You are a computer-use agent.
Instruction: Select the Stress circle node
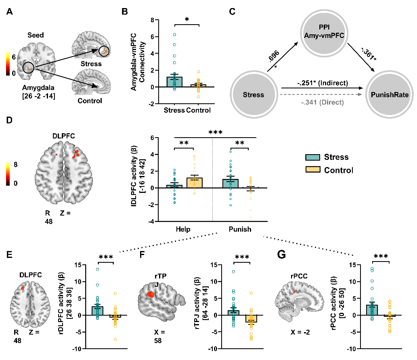click(x=254, y=95)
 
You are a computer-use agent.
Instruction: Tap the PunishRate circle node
click(x=390, y=95)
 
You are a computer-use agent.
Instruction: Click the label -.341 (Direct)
click(x=323, y=103)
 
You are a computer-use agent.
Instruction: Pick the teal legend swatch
click(x=313, y=157)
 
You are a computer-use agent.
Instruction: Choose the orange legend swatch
click(x=313, y=169)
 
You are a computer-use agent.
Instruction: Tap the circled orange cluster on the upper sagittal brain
click(x=104, y=51)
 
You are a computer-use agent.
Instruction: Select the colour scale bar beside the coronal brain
click(x=8, y=63)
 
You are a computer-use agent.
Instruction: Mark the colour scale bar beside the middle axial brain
click(x=8, y=172)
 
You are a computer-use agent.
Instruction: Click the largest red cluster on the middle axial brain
click(x=76, y=153)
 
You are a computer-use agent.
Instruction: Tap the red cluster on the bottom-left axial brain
click(x=23, y=288)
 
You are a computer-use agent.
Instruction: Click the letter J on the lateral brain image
click(x=156, y=285)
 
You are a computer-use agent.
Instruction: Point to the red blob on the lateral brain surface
click(x=151, y=294)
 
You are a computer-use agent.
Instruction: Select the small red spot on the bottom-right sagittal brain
click(x=294, y=291)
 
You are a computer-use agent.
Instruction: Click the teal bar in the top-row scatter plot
click(x=174, y=82)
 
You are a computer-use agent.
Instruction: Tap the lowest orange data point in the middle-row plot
click(x=250, y=218)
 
